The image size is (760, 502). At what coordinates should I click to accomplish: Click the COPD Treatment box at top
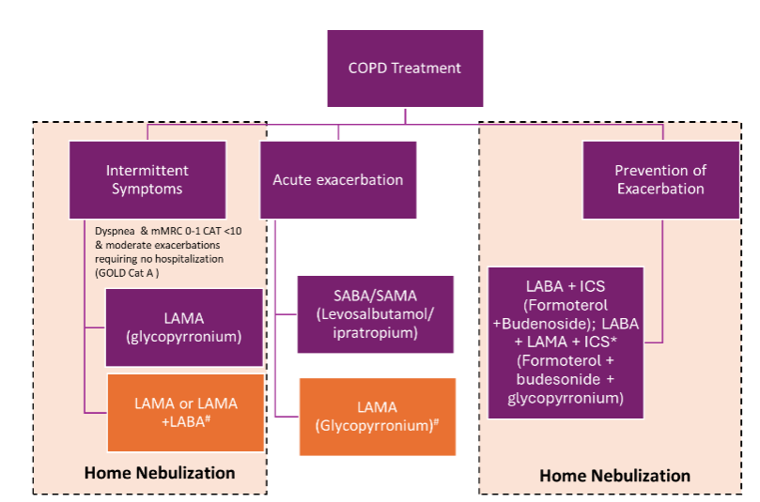click(x=405, y=68)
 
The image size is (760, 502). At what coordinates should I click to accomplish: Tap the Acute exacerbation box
click(x=337, y=180)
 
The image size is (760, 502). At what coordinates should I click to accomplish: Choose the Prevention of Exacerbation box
click(x=659, y=179)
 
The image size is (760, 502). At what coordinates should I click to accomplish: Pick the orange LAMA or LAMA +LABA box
click(x=170, y=412)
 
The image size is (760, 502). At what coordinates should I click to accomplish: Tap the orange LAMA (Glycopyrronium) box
click(x=377, y=416)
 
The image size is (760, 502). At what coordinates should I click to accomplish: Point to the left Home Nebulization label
click(x=160, y=472)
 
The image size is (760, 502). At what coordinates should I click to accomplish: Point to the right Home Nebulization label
click(x=614, y=476)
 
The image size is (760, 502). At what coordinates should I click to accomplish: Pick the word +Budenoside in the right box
click(x=539, y=322)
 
